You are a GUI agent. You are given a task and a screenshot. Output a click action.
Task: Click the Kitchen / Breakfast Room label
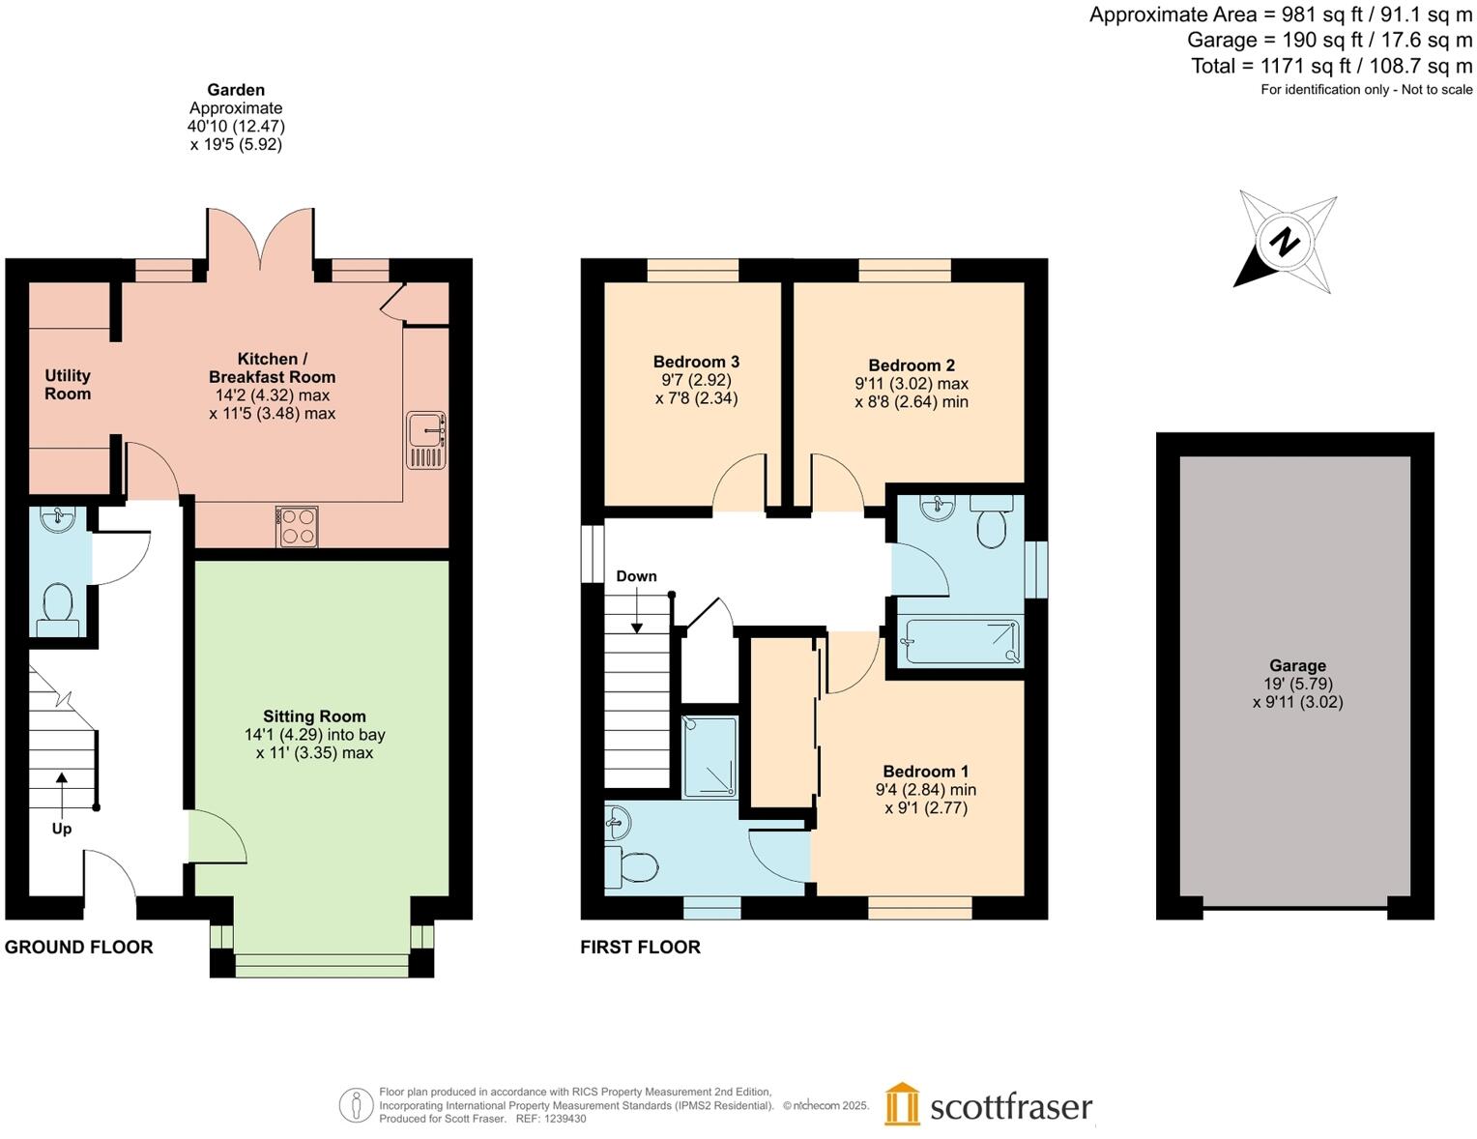[272, 367]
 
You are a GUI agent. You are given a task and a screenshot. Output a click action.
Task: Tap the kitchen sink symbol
[425, 440]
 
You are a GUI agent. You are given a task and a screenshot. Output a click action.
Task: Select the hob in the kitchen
[297, 526]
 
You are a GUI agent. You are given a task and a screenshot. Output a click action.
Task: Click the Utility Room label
[68, 384]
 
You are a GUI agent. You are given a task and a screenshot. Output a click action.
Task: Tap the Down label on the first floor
[636, 576]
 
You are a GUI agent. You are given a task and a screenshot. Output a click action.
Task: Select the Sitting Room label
[314, 716]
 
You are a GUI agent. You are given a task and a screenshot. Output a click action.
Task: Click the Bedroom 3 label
[696, 362]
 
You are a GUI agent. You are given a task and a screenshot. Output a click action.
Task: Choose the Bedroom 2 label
[912, 365]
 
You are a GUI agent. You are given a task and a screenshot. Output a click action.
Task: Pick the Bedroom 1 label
[925, 771]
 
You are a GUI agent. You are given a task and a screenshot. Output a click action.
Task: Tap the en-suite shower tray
[710, 756]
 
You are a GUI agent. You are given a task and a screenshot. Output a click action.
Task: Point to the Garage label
[1297, 665]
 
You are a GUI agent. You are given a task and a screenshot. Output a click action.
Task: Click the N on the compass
[1285, 241]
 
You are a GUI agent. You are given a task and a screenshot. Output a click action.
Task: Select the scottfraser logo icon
[902, 1104]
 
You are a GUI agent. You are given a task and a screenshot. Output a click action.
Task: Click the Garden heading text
[236, 90]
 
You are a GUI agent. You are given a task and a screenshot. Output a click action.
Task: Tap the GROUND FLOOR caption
[79, 948]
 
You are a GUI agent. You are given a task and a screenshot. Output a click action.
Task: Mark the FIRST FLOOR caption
[640, 948]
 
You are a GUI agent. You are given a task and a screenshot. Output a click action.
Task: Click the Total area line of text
[1331, 66]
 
